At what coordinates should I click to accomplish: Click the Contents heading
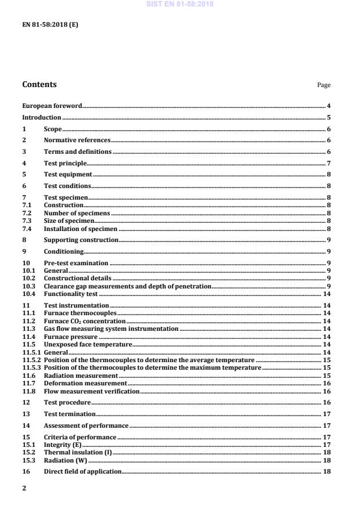39,85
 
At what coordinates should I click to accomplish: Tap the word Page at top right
323,85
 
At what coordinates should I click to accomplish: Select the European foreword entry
52,106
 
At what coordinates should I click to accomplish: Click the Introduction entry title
42,117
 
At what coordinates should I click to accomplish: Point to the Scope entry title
53,129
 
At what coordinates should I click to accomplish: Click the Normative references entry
77,140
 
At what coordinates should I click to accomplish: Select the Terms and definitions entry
78,151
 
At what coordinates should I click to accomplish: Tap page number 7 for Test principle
329,163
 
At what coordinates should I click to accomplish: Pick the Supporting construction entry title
81,240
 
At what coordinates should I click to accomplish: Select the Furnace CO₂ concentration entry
85,320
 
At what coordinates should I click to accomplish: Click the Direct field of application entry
82,471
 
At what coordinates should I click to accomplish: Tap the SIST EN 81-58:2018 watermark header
181,3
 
